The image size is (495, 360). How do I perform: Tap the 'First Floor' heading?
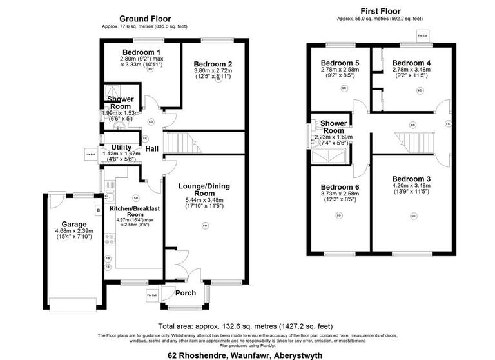pyautogui.click(x=380, y=11)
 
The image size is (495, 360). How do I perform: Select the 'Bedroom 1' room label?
pyautogui.click(x=141, y=52)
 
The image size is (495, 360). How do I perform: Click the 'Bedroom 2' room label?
pyautogui.click(x=212, y=63)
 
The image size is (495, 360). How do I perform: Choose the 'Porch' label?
pyautogui.click(x=186, y=293)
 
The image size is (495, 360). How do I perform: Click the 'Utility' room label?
pyautogui.click(x=121, y=148)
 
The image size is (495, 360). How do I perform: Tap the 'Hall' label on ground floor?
pyautogui.click(x=152, y=150)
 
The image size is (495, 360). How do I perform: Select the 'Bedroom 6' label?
pyautogui.click(x=339, y=187)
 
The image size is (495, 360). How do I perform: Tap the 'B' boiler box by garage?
pyautogui.click(x=97, y=209)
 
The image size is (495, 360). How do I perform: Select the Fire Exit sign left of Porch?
pyautogui.click(x=151, y=296)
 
